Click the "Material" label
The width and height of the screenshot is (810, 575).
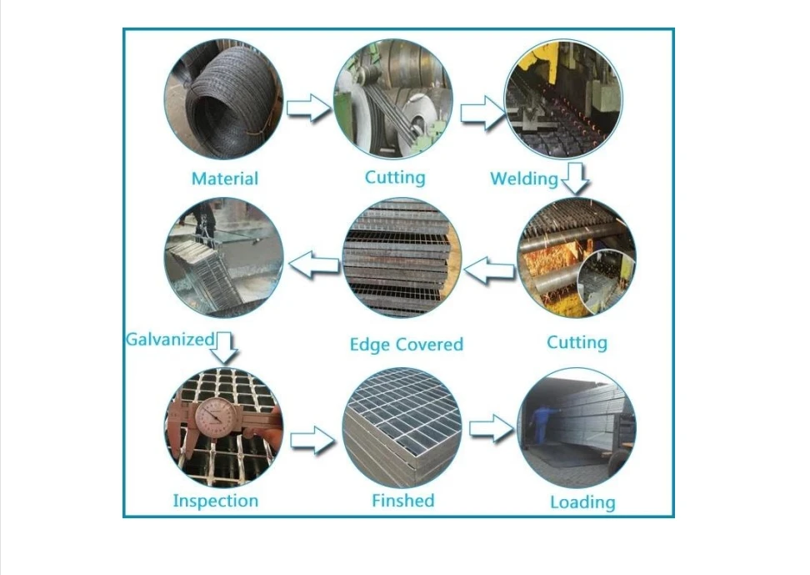pyautogui.click(x=224, y=179)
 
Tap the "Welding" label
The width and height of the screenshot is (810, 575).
pyautogui.click(x=523, y=179)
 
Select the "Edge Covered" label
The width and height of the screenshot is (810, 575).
pyautogui.click(x=406, y=345)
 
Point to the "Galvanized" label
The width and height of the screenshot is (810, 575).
pyautogui.click(x=170, y=339)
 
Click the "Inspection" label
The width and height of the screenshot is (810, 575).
pyautogui.click(x=215, y=501)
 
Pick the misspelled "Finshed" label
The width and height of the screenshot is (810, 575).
pyautogui.click(x=402, y=501)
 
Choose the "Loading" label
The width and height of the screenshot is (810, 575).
pyautogui.click(x=582, y=502)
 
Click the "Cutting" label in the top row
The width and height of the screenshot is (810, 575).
pyautogui.click(x=394, y=177)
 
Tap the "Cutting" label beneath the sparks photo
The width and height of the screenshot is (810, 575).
pyautogui.click(x=577, y=342)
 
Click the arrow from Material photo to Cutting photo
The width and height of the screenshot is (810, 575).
pyautogui.click(x=308, y=108)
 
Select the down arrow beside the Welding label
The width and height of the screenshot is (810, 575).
pyautogui.click(x=574, y=178)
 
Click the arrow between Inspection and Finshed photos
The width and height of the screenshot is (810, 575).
pyautogui.click(x=312, y=439)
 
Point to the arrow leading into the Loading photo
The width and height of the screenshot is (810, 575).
pyautogui.click(x=491, y=429)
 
